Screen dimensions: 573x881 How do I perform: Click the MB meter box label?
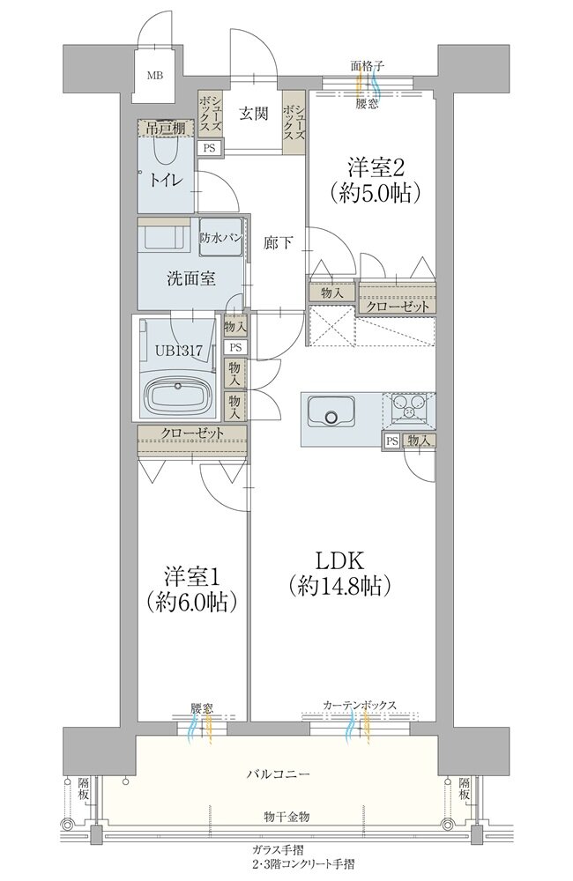click(154, 75)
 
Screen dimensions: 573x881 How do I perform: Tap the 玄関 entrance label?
click(254, 113)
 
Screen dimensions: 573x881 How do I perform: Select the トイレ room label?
click(166, 180)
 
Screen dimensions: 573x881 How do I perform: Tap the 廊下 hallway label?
click(279, 243)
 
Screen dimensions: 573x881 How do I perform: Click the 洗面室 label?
click(191, 278)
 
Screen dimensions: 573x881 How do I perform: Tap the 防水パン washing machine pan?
click(221, 238)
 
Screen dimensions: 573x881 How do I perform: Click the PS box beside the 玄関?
click(209, 148)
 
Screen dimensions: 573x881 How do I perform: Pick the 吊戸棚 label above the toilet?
click(162, 128)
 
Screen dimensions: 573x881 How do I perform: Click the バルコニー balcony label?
click(279, 774)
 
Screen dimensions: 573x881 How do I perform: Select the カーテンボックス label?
click(360, 705)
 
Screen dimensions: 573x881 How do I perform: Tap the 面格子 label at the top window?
click(368, 66)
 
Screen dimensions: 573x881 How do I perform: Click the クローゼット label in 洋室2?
click(398, 307)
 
